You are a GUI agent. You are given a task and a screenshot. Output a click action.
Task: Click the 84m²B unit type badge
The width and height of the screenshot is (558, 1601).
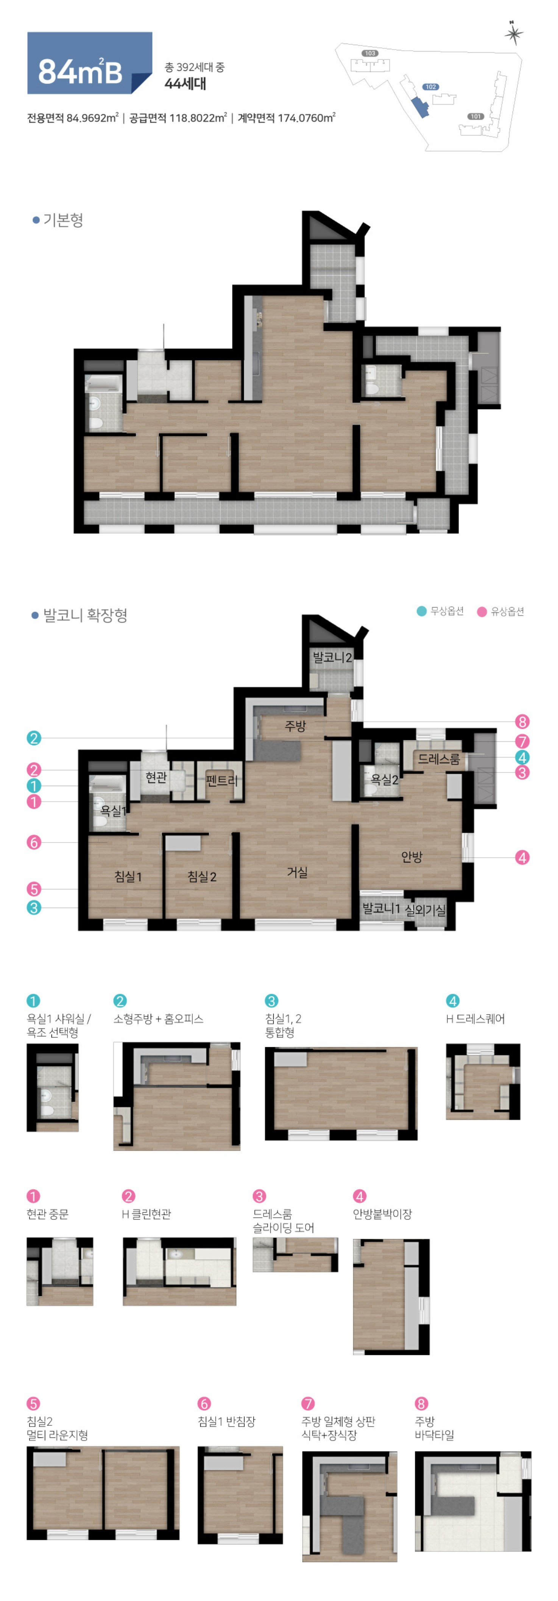pyautogui.click(x=89, y=63)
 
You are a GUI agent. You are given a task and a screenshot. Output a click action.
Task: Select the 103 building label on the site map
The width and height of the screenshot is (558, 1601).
pyautogui.click(x=370, y=53)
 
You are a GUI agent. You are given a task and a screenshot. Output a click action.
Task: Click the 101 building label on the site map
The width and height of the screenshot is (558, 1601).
pyautogui.click(x=475, y=116)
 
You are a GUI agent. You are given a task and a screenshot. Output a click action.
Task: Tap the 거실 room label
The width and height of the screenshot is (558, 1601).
pyautogui.click(x=297, y=872)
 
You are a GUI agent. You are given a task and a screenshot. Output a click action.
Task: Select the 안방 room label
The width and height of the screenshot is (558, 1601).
pyautogui.click(x=411, y=857)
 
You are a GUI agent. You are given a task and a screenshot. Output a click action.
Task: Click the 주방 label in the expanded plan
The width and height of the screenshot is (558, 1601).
pyautogui.click(x=295, y=725)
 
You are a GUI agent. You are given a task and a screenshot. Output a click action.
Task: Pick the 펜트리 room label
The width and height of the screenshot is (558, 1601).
pyautogui.click(x=222, y=780)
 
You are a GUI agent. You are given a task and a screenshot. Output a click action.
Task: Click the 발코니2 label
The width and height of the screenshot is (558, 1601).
pyautogui.click(x=332, y=657)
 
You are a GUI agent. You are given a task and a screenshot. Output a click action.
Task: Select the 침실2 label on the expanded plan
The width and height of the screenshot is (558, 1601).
pyautogui.click(x=202, y=876)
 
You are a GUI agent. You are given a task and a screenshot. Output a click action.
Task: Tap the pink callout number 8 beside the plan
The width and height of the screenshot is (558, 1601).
pyautogui.click(x=522, y=721)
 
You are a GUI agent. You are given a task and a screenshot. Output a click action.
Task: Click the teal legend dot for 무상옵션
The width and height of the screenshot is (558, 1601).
pyautogui.click(x=421, y=611)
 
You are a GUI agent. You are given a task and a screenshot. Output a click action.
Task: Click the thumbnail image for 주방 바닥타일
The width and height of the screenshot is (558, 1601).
pyautogui.click(x=473, y=1501)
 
